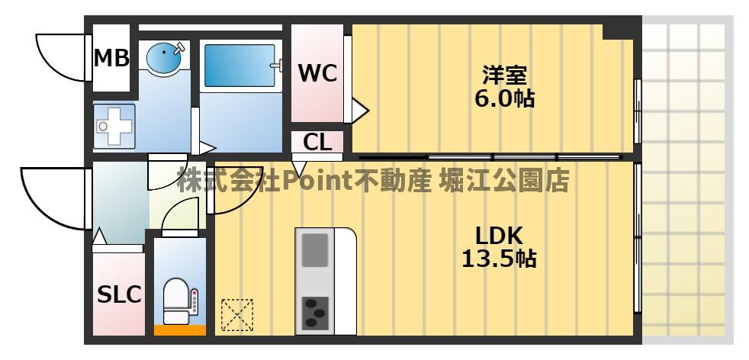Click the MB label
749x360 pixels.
tap(111, 58)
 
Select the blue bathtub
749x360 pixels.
tap(239, 66)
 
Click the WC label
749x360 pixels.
tap(317, 73)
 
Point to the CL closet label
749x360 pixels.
tap(317, 142)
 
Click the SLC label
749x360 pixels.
tap(119, 295)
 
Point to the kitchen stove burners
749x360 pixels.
tap(316, 311)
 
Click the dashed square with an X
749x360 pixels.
tap(236, 315)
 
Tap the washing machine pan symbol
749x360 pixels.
tap(114, 125)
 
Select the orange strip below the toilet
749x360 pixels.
tap(180, 330)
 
